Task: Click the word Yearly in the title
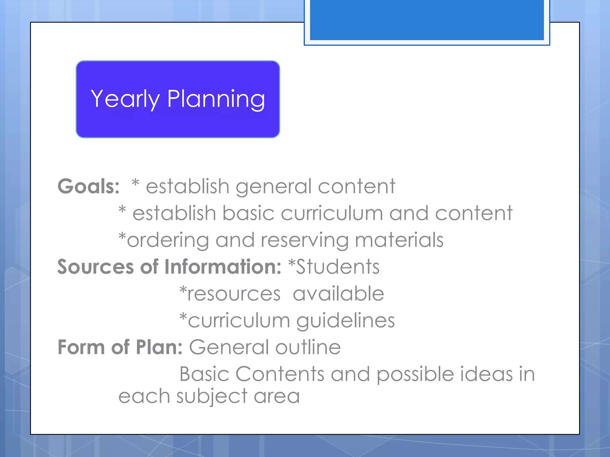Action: (125, 99)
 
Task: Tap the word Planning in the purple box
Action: (216, 99)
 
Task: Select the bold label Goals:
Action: (88, 187)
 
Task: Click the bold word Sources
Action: (95, 267)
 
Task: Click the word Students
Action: (337, 267)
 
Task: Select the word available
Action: (338, 294)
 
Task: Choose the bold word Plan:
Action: (159, 347)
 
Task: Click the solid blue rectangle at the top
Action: (427, 20)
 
